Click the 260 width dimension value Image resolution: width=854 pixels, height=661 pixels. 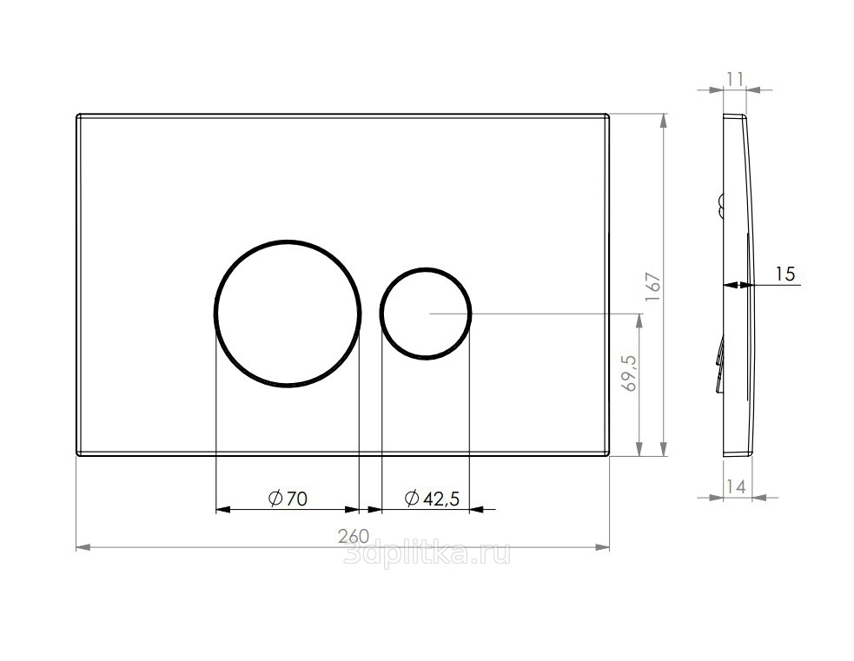pos(354,536)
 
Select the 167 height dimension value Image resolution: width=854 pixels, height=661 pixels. pos(653,287)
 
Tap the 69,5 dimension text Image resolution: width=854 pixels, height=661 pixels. pos(631,373)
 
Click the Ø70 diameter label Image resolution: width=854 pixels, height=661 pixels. pos(288,498)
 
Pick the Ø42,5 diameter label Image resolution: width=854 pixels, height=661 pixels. pos(433,498)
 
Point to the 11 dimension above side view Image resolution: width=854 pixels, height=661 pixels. pos(735,80)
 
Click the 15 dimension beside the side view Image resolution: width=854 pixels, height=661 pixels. pos(784,274)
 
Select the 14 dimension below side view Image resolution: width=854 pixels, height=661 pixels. pos(736,486)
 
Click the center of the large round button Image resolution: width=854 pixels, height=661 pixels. pos(288,313)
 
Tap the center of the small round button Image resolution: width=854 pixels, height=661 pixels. pos(426,313)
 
